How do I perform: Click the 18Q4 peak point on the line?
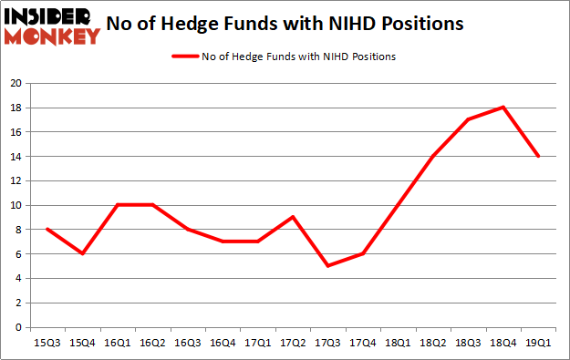click(503, 108)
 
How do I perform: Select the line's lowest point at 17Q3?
click(326, 266)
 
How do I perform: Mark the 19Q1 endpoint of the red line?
click(539, 156)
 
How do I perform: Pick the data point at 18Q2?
click(433, 156)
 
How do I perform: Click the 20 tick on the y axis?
click(16, 83)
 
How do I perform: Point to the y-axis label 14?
click(16, 156)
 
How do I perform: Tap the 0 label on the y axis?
click(18, 327)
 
